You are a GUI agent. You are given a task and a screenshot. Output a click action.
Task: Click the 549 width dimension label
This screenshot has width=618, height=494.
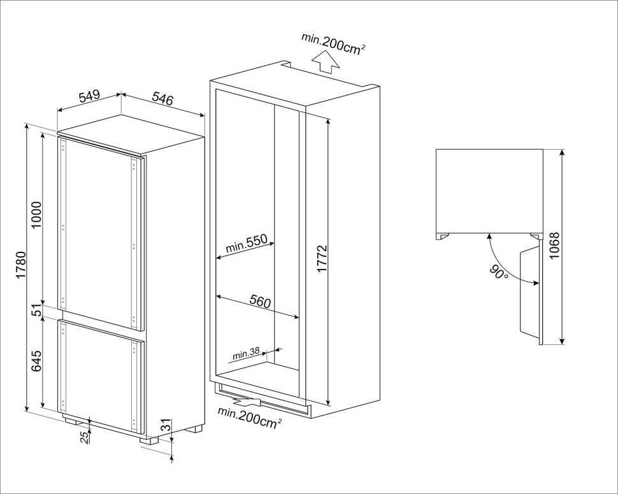click(89, 97)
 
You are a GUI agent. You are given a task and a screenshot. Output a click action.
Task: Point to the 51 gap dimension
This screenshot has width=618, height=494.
click(36, 310)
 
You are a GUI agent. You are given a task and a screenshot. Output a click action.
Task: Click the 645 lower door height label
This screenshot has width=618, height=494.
click(36, 361)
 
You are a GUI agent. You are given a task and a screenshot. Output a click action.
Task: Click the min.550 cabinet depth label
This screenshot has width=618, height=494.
click(250, 245)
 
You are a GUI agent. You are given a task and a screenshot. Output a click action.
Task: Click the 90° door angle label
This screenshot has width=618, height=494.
click(499, 273)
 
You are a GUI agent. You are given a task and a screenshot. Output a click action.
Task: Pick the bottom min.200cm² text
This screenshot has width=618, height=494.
click(249, 417)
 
